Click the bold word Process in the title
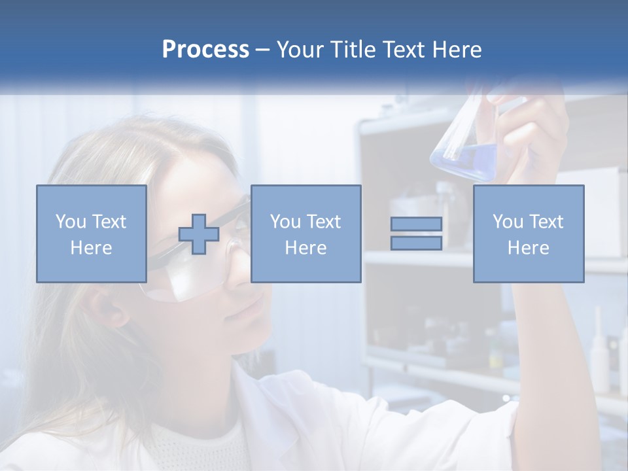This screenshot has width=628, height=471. coord(205,50)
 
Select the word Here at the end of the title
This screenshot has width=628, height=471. coord(457,50)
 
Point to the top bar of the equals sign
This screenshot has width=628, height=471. coord(416,224)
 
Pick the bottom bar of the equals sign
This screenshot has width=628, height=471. coord(416,243)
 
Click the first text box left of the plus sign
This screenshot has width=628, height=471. coord(91,234)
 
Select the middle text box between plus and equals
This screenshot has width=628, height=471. coord(305,234)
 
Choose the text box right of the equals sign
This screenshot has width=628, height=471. coord(528,234)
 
